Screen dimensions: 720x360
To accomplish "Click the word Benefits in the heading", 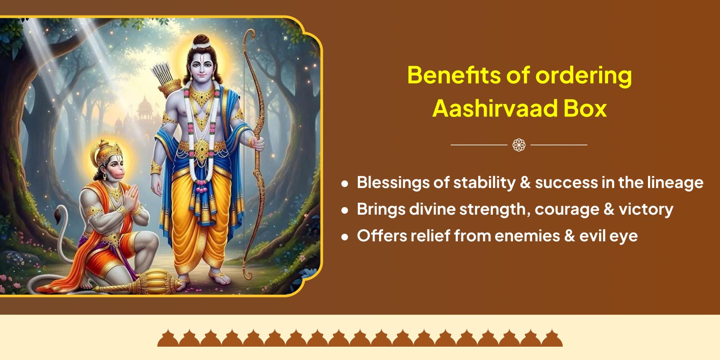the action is (453, 75).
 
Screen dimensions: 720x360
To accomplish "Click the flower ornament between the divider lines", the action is (519, 145).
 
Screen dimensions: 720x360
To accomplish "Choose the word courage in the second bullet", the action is (567, 210).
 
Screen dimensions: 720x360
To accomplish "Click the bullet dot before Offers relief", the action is (345, 237).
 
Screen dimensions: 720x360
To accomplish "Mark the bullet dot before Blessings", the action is (345, 184).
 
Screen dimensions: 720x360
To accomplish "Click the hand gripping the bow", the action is (256, 144).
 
